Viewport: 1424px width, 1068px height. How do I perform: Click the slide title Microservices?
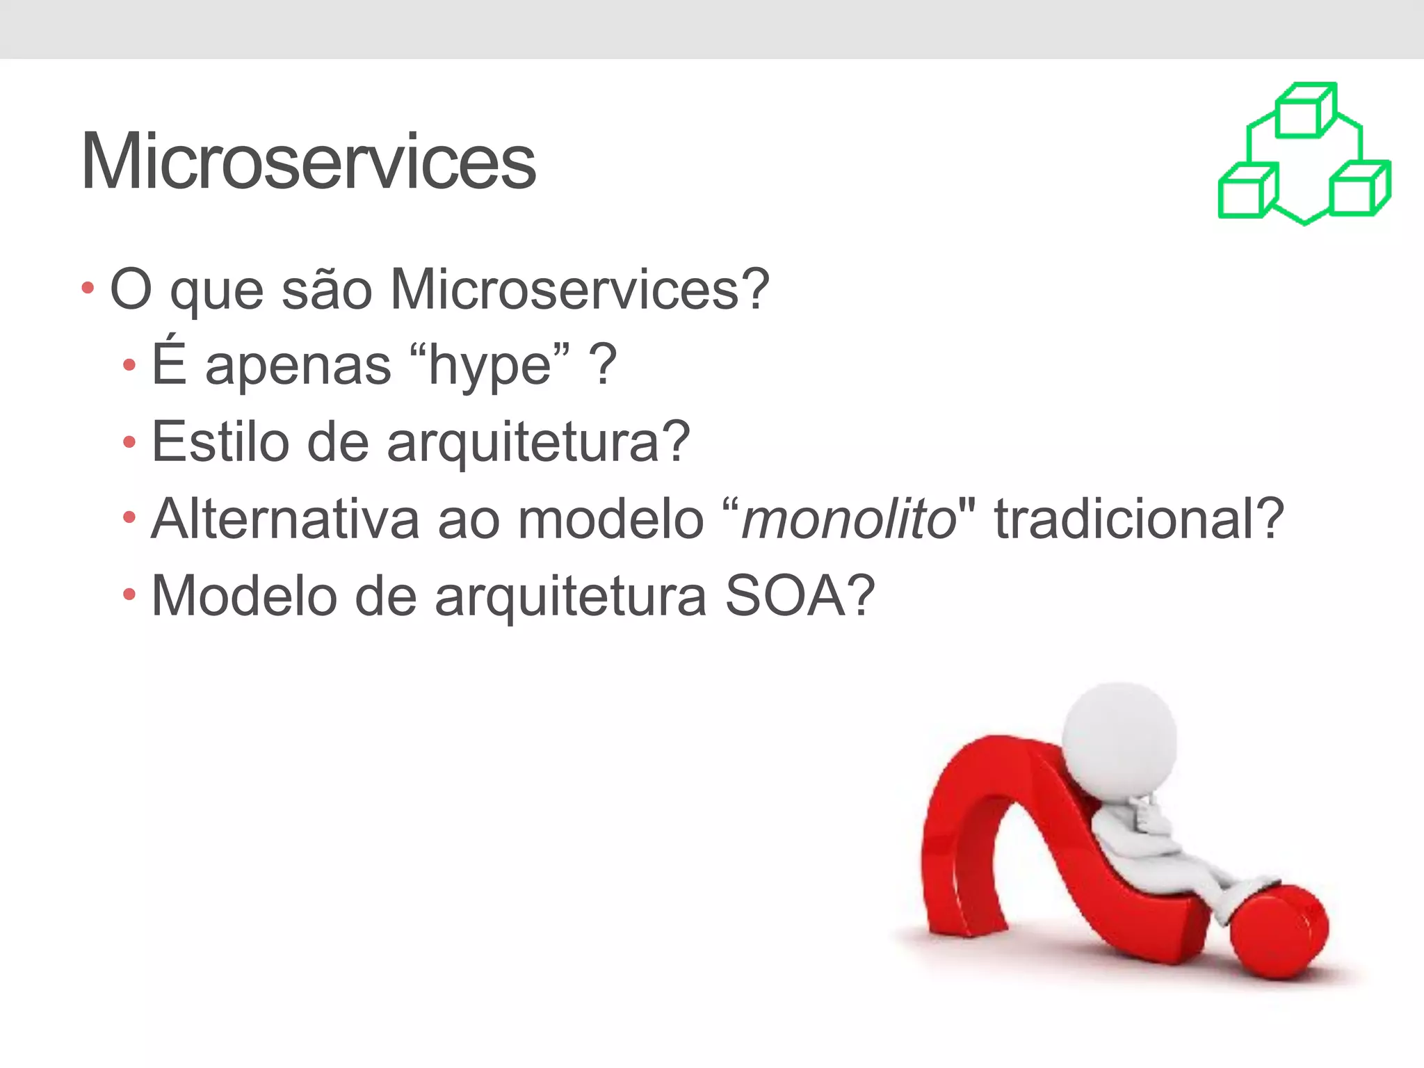pos(308,161)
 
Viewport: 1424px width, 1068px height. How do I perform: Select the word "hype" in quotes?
pos(490,365)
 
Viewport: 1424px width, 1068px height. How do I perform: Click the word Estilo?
pos(220,442)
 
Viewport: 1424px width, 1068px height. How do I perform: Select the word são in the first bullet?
pos(326,289)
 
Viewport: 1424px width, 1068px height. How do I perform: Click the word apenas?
pos(298,366)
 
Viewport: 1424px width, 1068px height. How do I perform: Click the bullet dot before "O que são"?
pos(88,287)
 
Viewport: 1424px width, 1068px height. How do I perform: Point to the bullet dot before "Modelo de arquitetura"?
pos(129,594)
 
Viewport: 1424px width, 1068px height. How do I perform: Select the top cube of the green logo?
pos(1304,111)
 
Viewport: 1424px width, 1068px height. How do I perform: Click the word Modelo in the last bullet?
pos(244,596)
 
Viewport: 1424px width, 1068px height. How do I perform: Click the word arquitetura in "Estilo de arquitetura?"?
pos(522,443)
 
